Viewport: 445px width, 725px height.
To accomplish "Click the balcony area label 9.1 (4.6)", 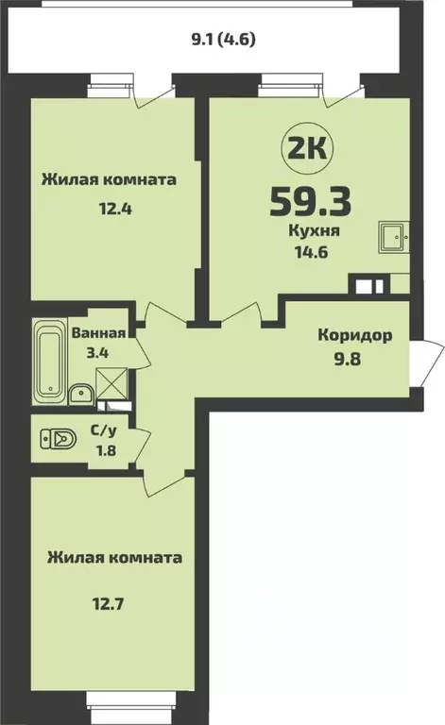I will (223, 40).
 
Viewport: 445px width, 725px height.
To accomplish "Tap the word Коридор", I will (355, 335).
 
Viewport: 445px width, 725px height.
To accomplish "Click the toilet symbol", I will (60, 439).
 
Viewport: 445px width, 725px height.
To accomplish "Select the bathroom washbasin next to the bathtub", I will (81, 394).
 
